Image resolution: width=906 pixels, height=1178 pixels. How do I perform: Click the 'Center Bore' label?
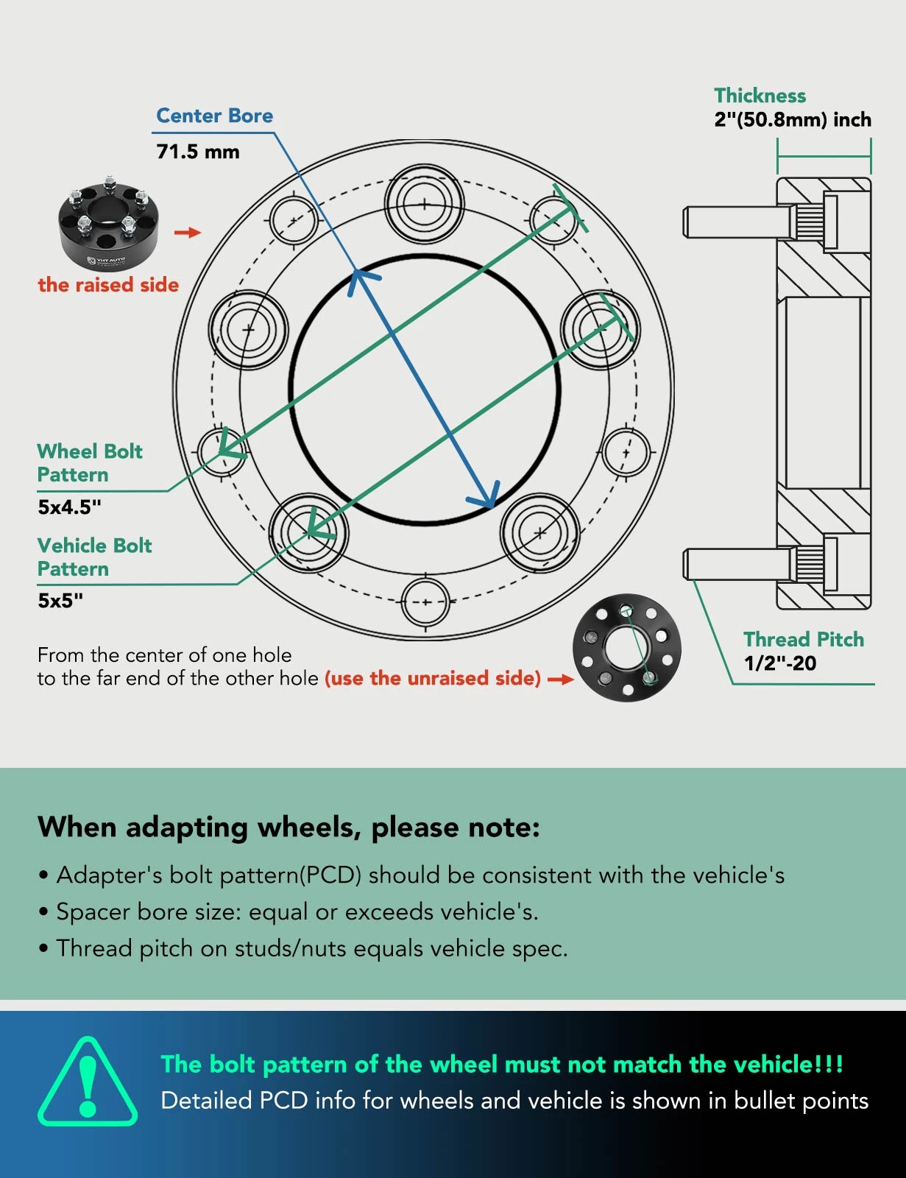[214, 116]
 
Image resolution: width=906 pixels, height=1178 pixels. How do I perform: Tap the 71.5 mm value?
[197, 152]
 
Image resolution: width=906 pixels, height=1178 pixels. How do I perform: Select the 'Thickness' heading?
[760, 96]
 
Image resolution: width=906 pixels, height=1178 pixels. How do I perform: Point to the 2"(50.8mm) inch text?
[792, 119]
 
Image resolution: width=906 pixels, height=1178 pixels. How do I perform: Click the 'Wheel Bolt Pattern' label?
[89, 462]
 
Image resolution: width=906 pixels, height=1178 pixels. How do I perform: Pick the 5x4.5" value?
[69, 507]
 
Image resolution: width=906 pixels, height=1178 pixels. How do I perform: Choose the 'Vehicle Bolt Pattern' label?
[94, 557]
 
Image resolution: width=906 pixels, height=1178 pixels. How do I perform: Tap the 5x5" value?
[60, 600]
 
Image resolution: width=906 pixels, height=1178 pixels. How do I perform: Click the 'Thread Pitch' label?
[803, 639]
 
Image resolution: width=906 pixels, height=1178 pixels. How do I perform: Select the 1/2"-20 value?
[779, 663]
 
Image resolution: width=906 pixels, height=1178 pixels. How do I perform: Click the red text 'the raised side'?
[108, 285]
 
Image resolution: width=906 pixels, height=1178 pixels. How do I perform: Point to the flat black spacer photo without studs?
[627, 648]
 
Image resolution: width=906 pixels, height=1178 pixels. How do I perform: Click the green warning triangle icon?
[88, 1082]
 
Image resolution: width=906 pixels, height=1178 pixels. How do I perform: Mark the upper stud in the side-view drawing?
[736, 222]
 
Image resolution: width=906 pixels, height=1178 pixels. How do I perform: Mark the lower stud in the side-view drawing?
[736, 565]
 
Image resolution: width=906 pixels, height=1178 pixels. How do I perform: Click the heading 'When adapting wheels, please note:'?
[289, 827]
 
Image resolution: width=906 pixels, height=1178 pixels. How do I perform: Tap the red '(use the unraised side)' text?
[433, 678]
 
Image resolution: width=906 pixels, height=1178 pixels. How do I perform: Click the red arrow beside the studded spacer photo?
[188, 233]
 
